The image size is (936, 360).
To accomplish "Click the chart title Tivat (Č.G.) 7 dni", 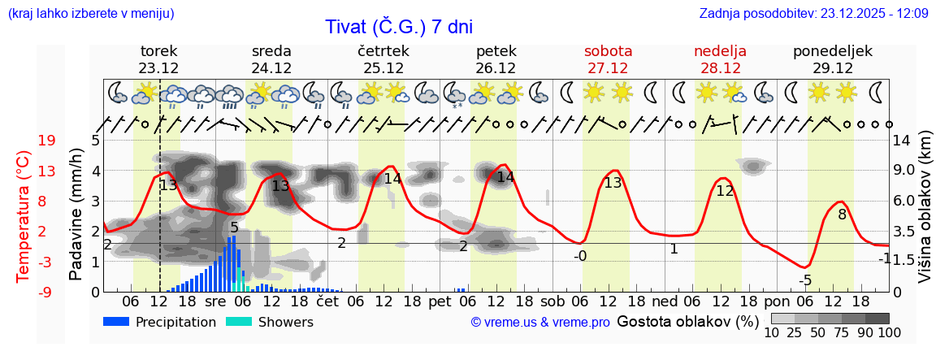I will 398,26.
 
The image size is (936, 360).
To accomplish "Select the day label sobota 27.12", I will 608,59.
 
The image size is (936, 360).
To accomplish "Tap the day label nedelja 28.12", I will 720,59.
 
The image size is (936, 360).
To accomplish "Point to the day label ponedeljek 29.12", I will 833,59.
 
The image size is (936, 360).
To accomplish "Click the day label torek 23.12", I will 158,59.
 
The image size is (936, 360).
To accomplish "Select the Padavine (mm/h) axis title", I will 76,215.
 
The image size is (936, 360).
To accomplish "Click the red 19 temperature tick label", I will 46,141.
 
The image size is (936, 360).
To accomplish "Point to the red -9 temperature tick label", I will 46,292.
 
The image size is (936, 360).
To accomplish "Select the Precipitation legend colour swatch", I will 116,322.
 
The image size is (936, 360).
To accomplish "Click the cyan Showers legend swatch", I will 240,322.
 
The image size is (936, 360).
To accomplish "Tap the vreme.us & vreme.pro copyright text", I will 540,323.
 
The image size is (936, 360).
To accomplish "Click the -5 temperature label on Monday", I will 804,280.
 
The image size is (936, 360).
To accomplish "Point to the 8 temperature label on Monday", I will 842,215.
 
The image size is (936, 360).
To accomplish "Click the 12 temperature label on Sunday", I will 725,191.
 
